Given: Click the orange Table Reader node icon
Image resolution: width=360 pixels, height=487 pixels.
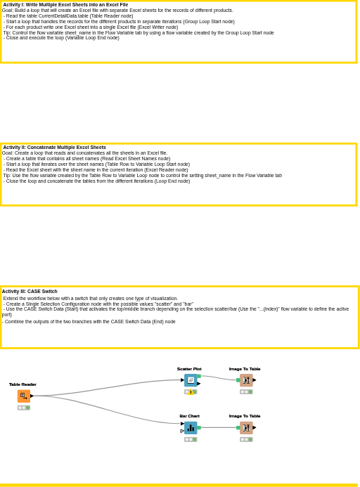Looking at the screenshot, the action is pyautogui.click(x=24, y=396).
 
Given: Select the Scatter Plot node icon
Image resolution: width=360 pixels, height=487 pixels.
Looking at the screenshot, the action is pyautogui.click(x=191, y=380).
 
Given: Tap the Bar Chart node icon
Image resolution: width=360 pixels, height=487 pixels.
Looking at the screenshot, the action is pyautogui.click(x=191, y=428).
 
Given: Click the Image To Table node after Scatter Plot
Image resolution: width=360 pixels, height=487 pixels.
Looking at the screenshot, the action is pyautogui.click(x=246, y=380).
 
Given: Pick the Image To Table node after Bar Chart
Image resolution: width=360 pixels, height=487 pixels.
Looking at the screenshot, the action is pyautogui.click(x=246, y=428).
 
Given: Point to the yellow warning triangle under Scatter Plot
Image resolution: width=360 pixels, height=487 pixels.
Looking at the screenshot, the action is pyautogui.click(x=191, y=392).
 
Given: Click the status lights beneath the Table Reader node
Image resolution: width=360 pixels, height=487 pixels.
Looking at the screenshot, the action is pyautogui.click(x=24, y=408).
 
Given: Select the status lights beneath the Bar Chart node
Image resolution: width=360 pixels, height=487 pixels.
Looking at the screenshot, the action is pyautogui.click(x=191, y=439).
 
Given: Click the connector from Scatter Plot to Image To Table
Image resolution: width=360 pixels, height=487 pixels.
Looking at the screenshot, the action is pyautogui.click(x=219, y=377).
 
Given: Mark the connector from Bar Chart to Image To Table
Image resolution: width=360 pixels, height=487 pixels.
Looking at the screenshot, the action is pyautogui.click(x=219, y=428).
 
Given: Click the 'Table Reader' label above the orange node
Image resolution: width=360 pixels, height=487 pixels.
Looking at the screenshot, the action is pyautogui.click(x=22, y=384).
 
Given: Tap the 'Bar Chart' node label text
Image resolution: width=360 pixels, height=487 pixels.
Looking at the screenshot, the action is pyautogui.click(x=190, y=416).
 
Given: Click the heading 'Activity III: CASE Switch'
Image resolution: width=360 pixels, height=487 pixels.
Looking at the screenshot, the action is pyautogui.click(x=30, y=292).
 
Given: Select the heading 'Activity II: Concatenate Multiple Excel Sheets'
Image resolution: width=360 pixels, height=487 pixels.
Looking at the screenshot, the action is pyautogui.click(x=54, y=147).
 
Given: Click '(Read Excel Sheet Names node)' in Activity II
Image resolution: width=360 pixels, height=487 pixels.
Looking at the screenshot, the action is pyautogui.click(x=135, y=158).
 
